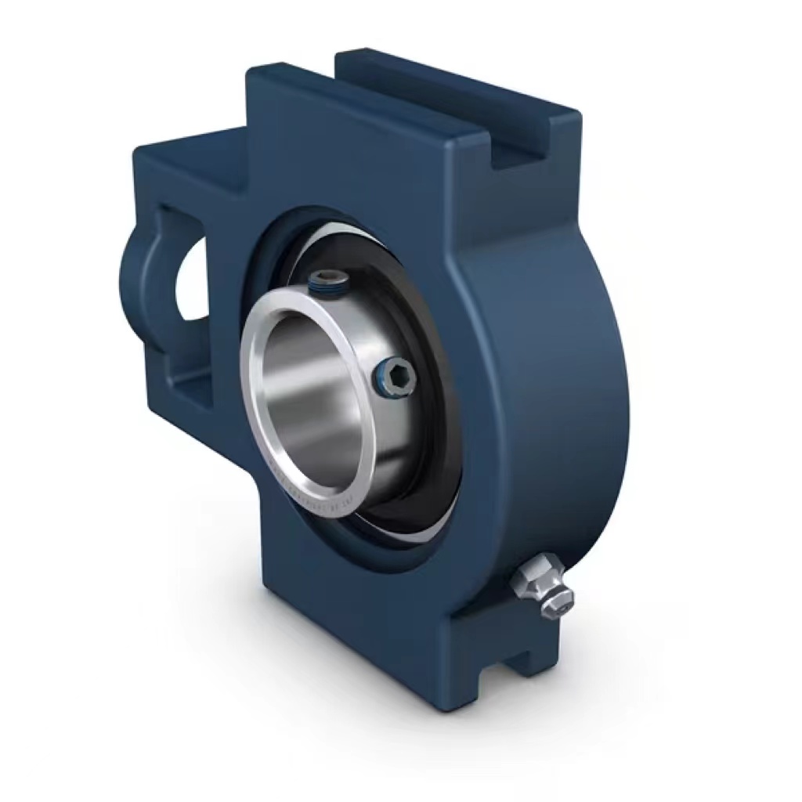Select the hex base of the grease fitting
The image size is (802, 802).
coord(528,577)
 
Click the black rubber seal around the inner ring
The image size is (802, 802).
coord(427,439)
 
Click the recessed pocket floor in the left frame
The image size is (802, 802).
coord(192,384)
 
